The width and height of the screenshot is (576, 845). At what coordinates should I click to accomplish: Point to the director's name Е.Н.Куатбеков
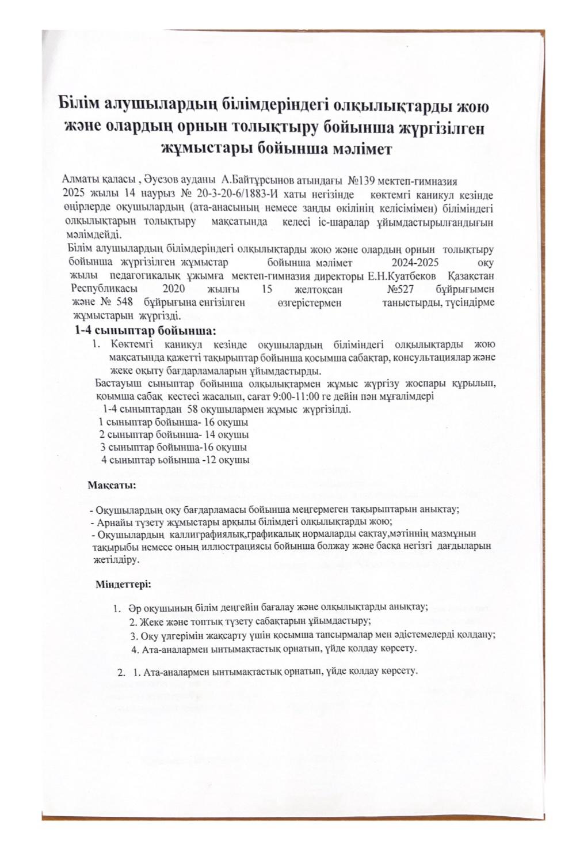405,276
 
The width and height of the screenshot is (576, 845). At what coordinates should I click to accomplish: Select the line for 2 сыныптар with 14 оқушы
174,434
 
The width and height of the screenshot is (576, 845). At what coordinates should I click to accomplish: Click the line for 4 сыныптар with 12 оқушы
176,460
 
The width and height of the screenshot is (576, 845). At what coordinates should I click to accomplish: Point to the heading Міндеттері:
123,585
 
